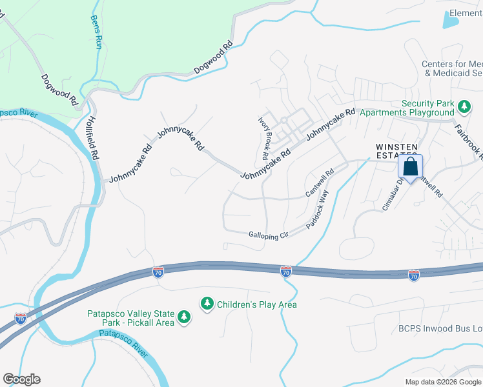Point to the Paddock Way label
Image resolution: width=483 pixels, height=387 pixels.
click(318, 209)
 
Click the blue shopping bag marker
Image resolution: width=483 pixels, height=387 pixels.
click(411, 167)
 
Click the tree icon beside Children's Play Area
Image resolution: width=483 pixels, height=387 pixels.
click(207, 303)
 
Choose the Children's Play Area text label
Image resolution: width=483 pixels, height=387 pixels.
click(257, 304)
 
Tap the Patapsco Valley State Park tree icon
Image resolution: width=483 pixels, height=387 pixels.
click(185, 316)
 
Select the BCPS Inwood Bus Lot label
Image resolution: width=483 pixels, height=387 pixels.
click(439, 328)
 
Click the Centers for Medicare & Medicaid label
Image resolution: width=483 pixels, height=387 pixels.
click(452, 68)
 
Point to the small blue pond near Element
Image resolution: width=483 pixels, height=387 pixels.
click(450, 21)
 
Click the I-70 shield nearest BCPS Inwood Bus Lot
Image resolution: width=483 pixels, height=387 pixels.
click(414, 275)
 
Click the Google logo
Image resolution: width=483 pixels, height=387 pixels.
click(21, 379)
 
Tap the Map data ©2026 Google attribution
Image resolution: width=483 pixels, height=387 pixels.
click(443, 382)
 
